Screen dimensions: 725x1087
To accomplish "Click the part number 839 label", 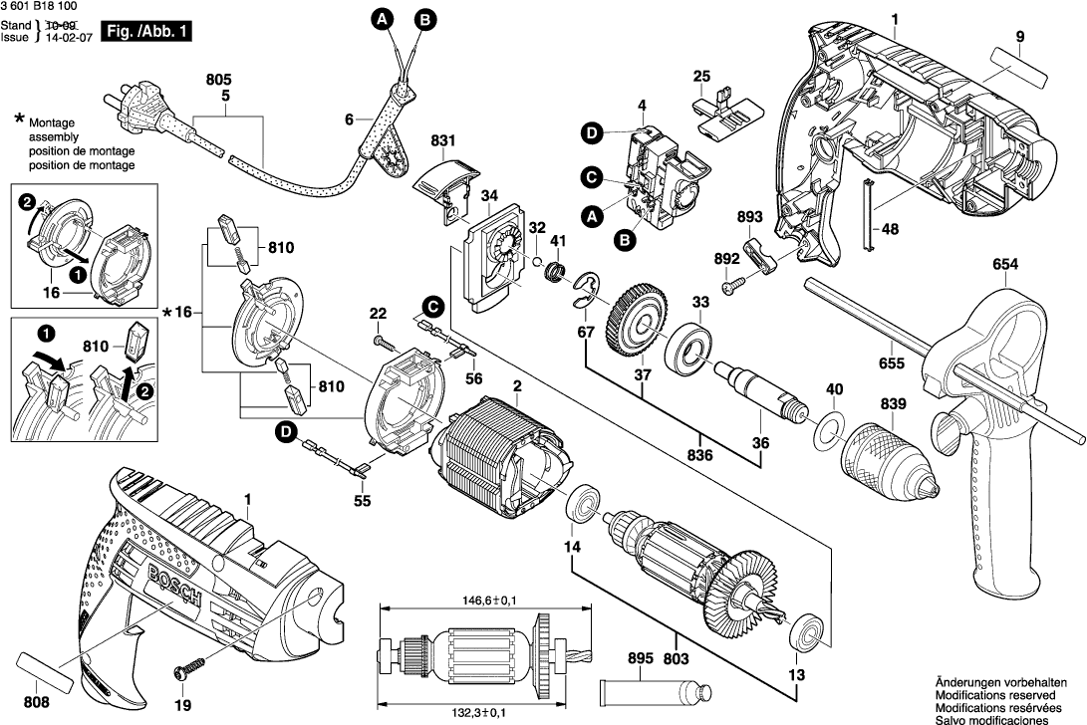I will [866, 404].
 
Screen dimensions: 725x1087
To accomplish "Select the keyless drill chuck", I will [889, 463].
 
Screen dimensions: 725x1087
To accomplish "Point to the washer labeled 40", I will [825, 433].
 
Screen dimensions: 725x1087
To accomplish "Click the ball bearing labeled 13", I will [805, 632].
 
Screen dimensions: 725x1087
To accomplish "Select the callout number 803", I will [679, 657].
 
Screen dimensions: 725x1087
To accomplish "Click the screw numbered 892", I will [735, 283].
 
